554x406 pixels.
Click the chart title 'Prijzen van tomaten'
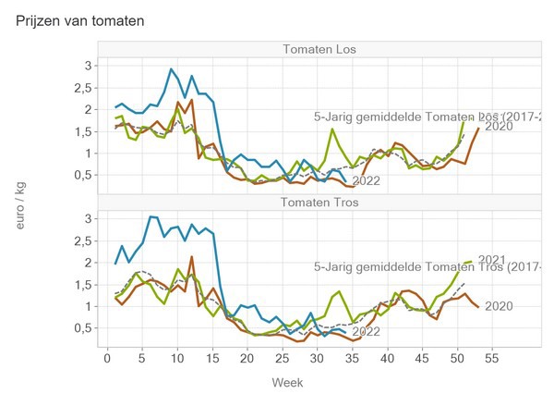click(x=79, y=19)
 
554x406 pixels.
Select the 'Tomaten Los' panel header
click(x=319, y=49)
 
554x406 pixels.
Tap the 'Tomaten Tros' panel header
click(x=319, y=203)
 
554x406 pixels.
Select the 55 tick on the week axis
click(x=492, y=358)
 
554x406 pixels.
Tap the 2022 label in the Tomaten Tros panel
click(x=367, y=332)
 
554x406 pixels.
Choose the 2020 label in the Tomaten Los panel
click(x=499, y=127)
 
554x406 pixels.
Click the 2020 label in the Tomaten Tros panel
click(x=499, y=306)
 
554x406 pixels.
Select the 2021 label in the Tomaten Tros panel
click(x=493, y=260)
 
